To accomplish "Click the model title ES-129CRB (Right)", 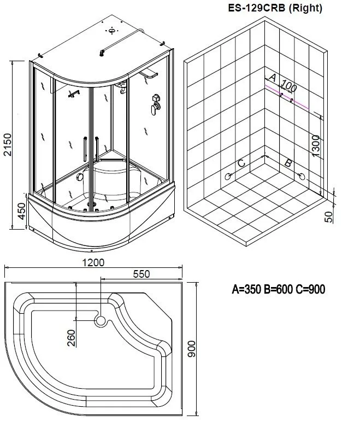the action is (x=275, y=8).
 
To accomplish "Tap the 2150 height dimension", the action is (x=8, y=144).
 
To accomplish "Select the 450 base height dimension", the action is (x=21, y=211).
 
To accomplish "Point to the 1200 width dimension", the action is (x=93, y=262).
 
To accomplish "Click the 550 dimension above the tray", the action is (x=141, y=274).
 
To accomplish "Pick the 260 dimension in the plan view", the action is (x=71, y=338).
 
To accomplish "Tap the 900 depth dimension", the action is (x=191, y=349).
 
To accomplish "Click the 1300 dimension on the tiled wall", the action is (x=316, y=145).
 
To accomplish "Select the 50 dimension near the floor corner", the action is (x=329, y=217).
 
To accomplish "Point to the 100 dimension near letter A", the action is (x=289, y=86).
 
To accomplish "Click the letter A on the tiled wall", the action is (x=273, y=78).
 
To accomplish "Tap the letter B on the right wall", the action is (x=288, y=163).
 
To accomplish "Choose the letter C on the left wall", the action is (x=241, y=163).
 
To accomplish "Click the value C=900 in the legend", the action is (x=310, y=289).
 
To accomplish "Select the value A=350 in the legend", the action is (x=246, y=289).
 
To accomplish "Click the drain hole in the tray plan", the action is (x=101, y=321).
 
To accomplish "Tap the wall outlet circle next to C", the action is (x=227, y=177).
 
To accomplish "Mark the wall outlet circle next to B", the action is (x=302, y=177).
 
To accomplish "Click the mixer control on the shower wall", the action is (x=155, y=104).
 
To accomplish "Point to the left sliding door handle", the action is (x=85, y=149).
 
